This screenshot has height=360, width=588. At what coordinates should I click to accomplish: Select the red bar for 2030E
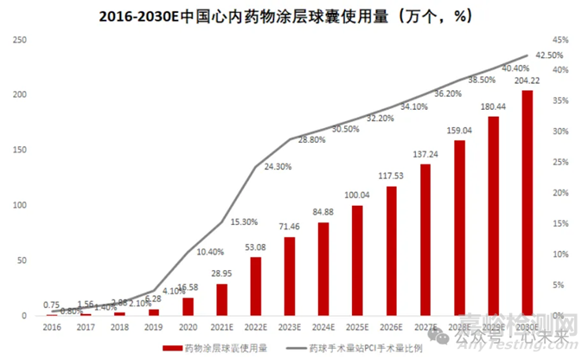(527, 202)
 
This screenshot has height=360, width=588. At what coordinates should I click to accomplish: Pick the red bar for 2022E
(255, 286)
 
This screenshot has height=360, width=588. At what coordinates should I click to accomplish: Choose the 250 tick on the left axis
(22, 40)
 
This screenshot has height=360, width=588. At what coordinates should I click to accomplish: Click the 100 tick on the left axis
(22, 205)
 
